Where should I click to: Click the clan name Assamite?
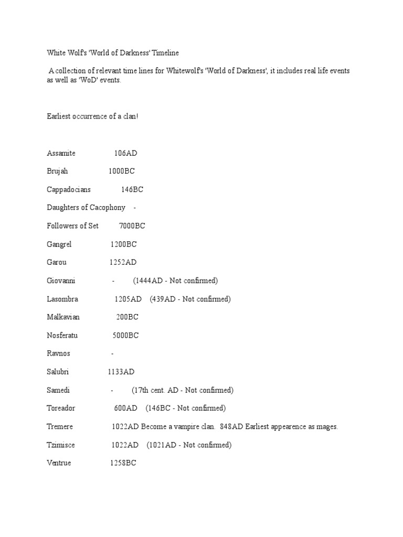pos(61,153)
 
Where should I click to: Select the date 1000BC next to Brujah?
pos(122,171)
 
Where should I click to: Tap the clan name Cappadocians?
pos(68,189)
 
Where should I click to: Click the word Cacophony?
pos(107,208)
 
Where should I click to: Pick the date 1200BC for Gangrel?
pos(124,244)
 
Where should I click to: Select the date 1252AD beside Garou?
pos(123,262)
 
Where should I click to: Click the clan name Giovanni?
pos(61,281)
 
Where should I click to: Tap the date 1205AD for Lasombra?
pos(128,299)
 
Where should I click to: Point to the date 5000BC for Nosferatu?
pos(125,335)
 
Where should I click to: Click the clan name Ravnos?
pos(59,353)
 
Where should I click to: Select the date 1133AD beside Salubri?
pos(121,372)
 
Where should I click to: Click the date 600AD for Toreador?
pos(126,408)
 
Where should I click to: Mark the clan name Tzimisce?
pos(61,445)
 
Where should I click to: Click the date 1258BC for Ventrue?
pos(123,463)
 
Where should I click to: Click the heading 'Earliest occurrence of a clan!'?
pos(92,116)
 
